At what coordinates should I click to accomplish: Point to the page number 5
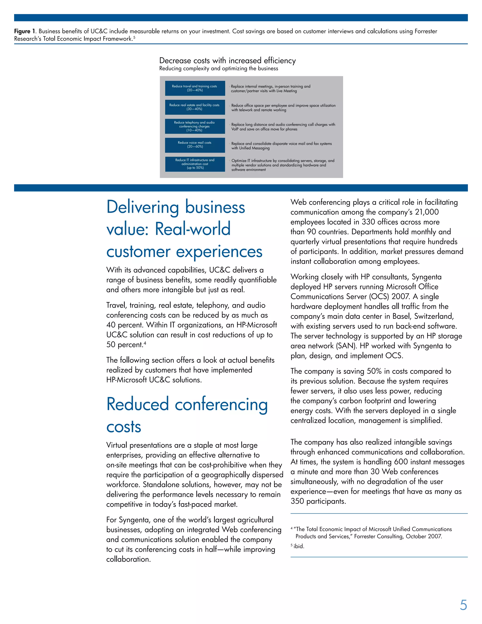click(463, 605)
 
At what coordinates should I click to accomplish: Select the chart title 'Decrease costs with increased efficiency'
click(227, 61)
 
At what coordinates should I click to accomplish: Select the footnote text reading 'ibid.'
click(299, 546)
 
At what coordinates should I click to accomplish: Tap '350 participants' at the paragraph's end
click(318, 501)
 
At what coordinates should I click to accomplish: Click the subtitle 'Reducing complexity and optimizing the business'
click(218, 69)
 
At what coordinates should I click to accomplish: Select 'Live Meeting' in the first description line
click(286, 91)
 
